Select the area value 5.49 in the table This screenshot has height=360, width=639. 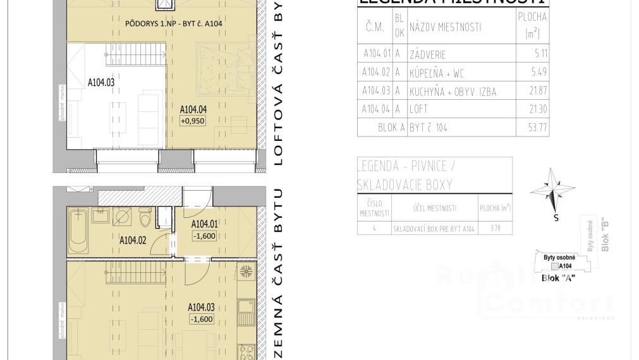[x=539, y=73]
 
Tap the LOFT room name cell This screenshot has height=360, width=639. [x=419, y=109]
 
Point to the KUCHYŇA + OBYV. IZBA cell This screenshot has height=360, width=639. [x=453, y=92]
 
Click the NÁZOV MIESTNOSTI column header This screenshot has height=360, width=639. [x=445, y=27]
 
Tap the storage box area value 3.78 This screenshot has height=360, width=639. [x=494, y=229]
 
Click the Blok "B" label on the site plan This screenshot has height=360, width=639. [x=605, y=236]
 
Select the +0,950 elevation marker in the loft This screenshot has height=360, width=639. [x=193, y=121]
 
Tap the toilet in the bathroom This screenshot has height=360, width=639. [x=145, y=220]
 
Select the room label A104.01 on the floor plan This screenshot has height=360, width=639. [x=204, y=224]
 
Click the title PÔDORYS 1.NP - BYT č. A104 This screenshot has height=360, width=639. [x=173, y=23]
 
